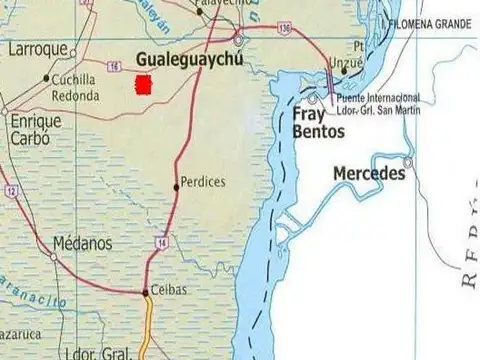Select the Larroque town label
[37, 48]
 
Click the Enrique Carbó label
[34, 128]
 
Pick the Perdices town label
[204, 183]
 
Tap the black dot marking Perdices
[177, 184]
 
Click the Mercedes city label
[368, 174]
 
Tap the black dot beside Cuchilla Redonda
[46, 77]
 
